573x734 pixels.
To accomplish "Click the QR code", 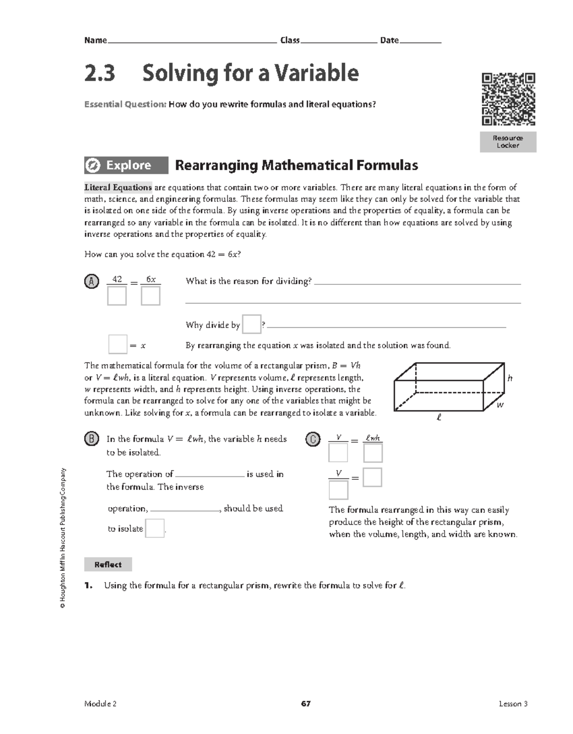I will (508, 99).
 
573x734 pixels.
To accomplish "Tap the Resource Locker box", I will (508, 142).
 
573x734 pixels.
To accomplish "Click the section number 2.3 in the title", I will (100, 74).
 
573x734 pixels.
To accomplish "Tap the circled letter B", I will (91, 439).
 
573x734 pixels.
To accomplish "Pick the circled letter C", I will (312, 439).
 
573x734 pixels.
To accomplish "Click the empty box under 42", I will (117, 296).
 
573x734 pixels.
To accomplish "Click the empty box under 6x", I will (150, 296).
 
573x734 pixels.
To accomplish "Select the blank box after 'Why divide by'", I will (252, 324).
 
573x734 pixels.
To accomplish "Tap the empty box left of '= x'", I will (117, 345).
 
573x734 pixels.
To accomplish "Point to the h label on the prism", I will (510, 378).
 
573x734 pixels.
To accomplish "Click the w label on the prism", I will (500, 405).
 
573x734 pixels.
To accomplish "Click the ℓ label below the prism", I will (439, 418).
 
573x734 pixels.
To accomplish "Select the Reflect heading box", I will (108, 564).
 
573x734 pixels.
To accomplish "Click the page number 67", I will (306, 704).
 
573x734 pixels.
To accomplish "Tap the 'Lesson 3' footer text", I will (513, 704).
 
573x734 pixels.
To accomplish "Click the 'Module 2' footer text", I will (100, 704).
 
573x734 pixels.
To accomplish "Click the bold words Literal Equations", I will (118, 187).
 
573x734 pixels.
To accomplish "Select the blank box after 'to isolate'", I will (155, 528).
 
